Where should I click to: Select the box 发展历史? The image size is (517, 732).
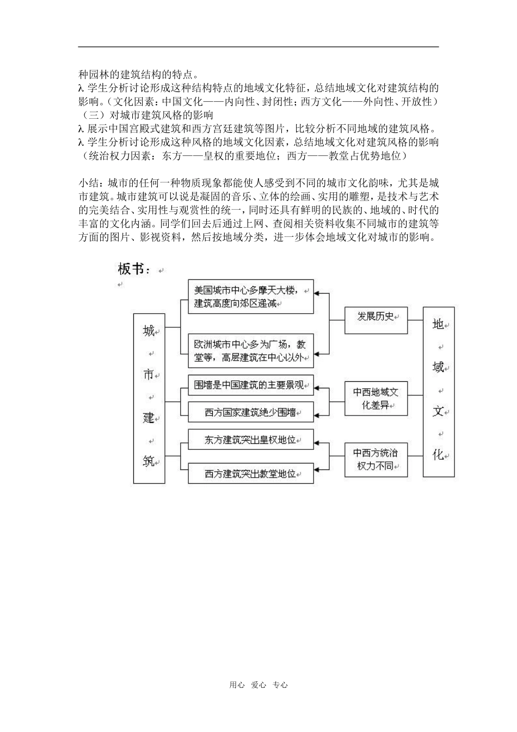[x=376, y=318]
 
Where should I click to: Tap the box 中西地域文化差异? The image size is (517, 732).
[x=376, y=398]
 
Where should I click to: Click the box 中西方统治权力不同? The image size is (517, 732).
[x=376, y=459]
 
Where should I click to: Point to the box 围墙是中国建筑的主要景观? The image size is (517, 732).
[x=250, y=385]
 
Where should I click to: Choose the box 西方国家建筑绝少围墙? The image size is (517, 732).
[x=250, y=412]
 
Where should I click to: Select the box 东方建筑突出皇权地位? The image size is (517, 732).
[x=250, y=440]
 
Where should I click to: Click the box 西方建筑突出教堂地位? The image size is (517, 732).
[x=250, y=473]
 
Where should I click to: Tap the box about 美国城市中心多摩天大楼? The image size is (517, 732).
[x=250, y=297]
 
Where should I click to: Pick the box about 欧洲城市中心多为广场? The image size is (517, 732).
[x=250, y=351]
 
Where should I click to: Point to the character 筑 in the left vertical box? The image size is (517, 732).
[x=148, y=461]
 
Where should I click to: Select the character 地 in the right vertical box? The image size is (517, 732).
[x=438, y=324]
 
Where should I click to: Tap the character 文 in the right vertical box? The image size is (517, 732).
[x=438, y=411]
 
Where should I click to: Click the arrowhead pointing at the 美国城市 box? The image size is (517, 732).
[x=318, y=293]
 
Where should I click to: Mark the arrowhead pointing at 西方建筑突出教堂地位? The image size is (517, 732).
[x=318, y=468]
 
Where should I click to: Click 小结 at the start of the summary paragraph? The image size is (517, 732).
[x=89, y=182]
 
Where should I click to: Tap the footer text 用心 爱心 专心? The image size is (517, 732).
[x=258, y=685]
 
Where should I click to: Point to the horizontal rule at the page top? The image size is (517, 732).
[x=258, y=47]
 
